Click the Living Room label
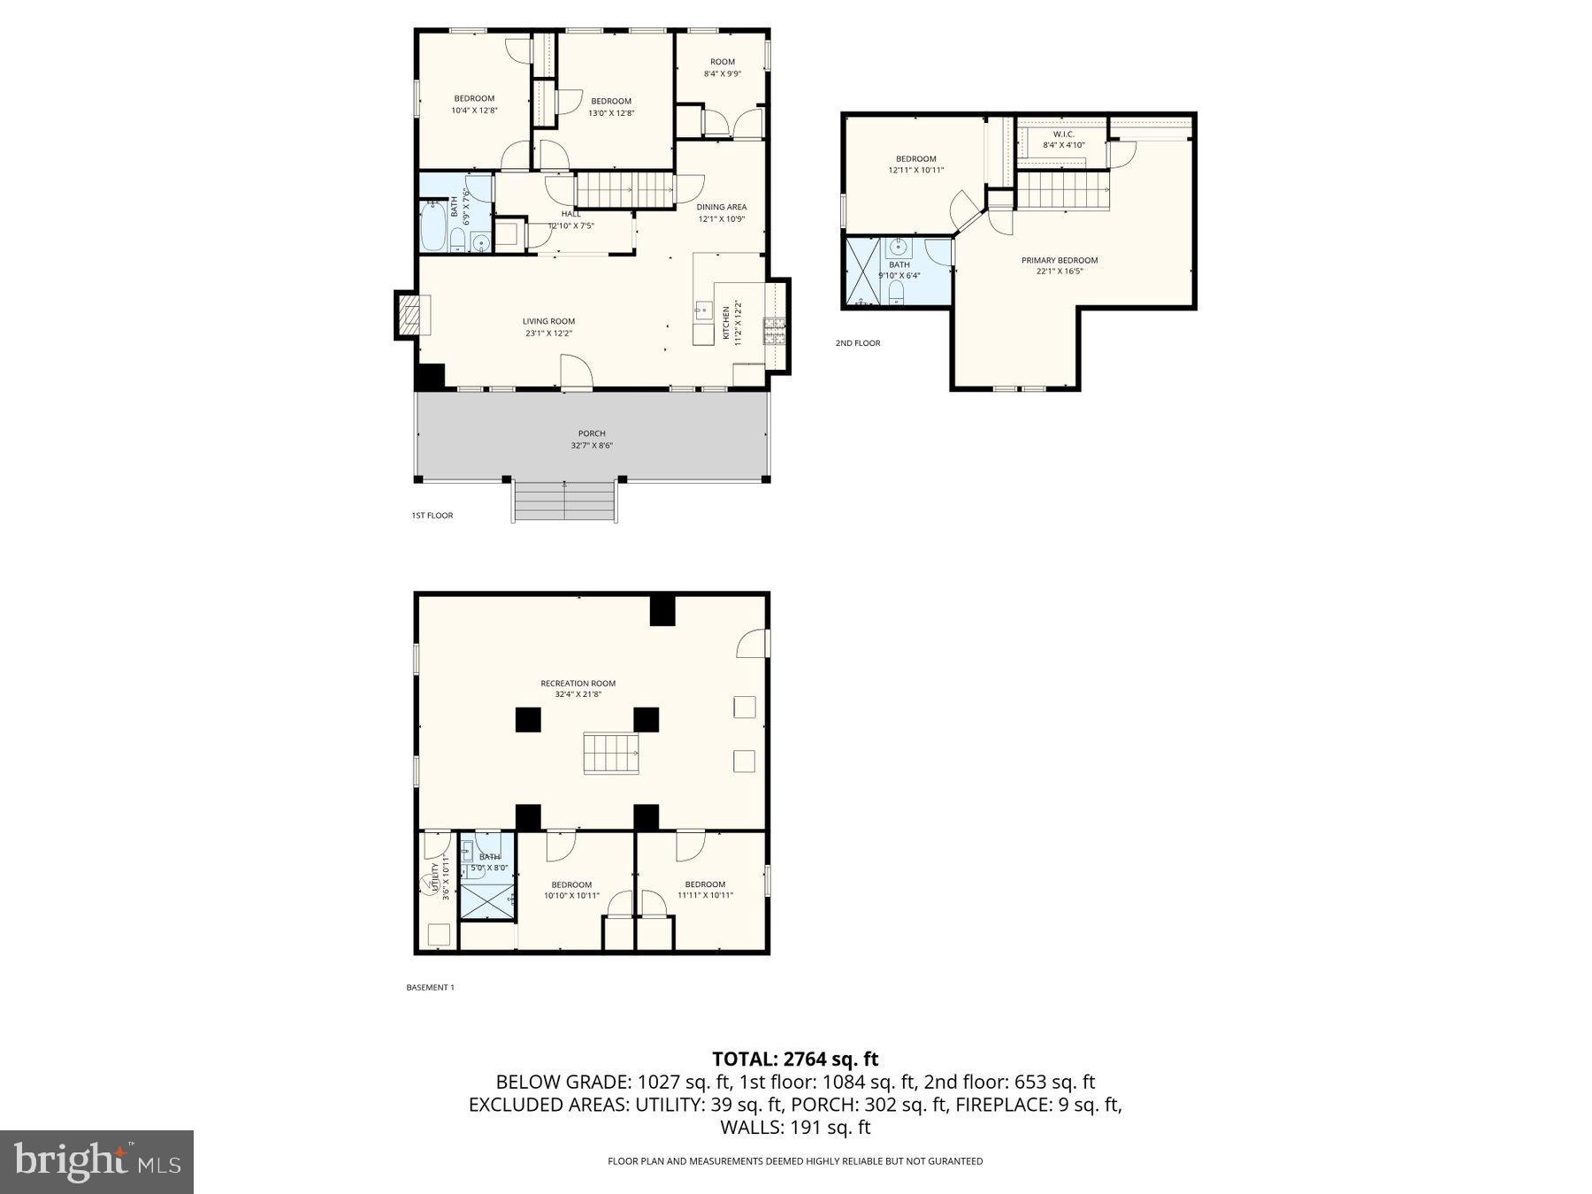pos(548,322)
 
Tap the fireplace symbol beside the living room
pos(409,315)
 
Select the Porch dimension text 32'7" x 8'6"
pos(592,446)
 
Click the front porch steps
pos(564,501)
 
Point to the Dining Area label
pos(722,207)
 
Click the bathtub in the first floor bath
pos(434,226)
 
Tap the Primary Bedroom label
pos(1060,260)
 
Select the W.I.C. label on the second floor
pos(1063,134)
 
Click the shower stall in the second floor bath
pos(863,271)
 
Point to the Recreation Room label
pos(578,683)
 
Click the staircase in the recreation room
pos(610,754)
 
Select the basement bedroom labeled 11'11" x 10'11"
pos(705,889)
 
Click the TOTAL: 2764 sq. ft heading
pos(795,1059)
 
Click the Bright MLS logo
pos(96,1161)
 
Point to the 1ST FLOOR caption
pos(432,516)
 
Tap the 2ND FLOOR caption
pos(858,343)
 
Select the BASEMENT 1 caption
pos(430,988)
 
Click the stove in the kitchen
pos(774,331)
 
